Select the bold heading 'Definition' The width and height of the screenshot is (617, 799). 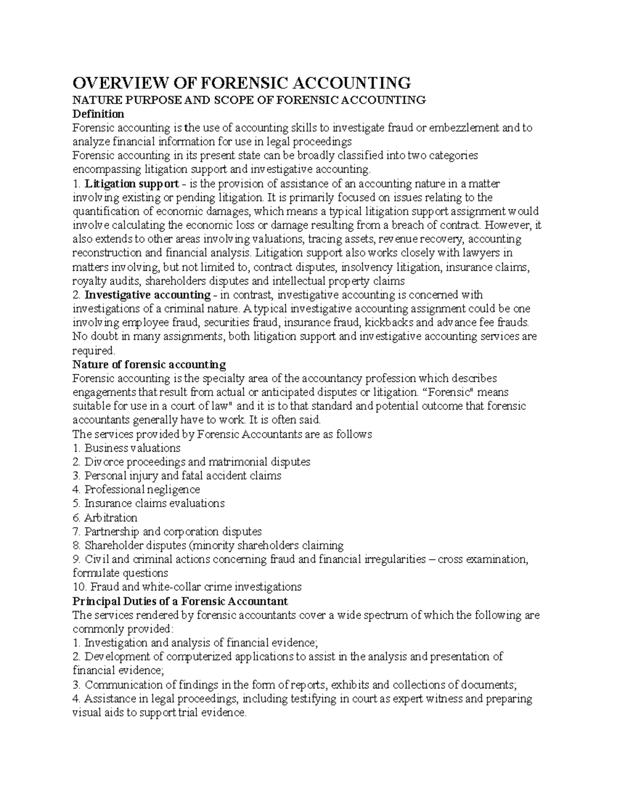98,114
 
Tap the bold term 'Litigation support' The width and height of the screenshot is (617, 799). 132,184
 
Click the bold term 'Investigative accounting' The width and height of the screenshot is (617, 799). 147,295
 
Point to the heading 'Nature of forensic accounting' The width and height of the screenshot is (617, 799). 149,365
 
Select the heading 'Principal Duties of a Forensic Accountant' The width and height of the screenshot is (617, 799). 180,601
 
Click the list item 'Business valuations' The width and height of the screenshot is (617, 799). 132,448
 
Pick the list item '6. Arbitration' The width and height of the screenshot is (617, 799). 105,518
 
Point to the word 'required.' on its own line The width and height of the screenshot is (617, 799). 94,351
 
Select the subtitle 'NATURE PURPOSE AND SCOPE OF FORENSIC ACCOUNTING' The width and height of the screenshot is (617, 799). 249,100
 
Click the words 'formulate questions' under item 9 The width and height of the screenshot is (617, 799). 120,573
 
